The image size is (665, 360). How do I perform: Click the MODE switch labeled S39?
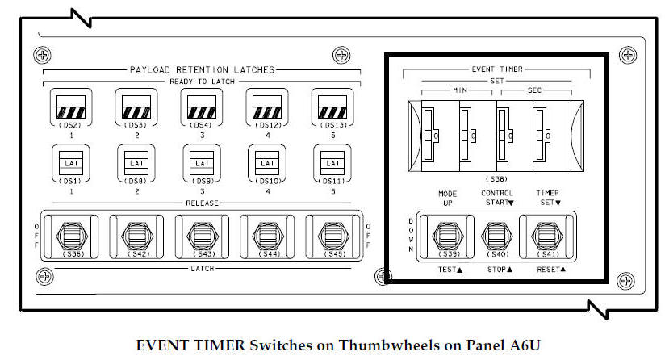(447, 236)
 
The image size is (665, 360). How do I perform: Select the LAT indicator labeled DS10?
(266, 164)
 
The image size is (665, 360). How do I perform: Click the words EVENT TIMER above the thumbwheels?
(496, 70)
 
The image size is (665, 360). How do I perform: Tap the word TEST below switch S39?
(445, 270)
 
